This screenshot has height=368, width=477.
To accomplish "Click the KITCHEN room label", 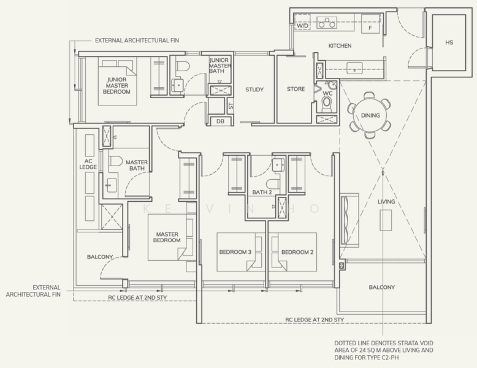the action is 340,45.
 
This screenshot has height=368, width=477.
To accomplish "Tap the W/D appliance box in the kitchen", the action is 302,22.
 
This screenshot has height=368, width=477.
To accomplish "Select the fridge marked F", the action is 370,24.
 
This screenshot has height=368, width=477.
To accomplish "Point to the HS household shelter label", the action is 449,42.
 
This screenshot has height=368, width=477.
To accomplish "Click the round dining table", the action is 370,115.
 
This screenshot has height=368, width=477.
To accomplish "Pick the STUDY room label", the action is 254,90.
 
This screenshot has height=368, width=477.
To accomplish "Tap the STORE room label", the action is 296,89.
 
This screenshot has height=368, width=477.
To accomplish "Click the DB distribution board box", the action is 220,121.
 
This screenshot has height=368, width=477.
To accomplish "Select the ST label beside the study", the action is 231,106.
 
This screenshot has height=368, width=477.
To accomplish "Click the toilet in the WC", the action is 326,104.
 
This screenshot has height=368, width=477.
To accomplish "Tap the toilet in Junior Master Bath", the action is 183,66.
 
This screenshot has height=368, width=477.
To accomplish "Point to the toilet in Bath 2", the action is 273,183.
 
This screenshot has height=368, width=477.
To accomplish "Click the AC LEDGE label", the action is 88,164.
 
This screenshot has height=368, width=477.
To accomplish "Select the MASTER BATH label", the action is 137,165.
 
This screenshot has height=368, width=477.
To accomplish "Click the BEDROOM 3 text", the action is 235,252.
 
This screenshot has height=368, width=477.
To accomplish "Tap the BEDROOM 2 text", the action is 297,252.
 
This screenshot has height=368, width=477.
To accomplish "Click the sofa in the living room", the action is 349,220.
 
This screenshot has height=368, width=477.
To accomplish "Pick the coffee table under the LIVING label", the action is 386,220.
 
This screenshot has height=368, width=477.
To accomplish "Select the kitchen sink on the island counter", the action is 355,68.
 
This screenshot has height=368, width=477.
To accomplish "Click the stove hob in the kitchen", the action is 327,23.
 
